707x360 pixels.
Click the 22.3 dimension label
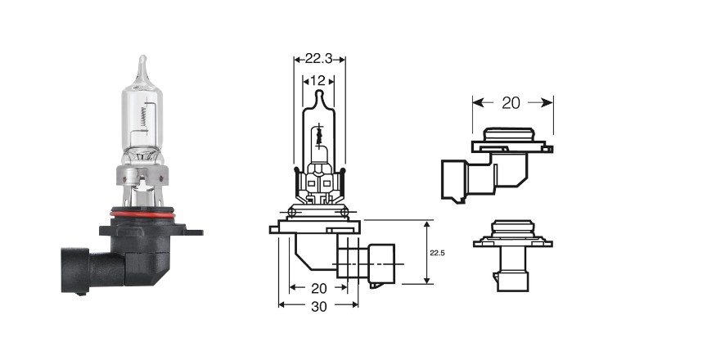tap(319, 59)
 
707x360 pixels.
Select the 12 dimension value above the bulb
tap(318, 81)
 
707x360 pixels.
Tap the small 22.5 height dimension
tap(437, 253)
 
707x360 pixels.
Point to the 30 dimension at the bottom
tap(319, 306)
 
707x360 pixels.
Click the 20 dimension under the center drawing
tap(319, 288)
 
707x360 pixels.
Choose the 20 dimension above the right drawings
tap(511, 103)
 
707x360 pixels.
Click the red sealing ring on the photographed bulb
tap(142, 213)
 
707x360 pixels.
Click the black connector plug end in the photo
tap(74, 270)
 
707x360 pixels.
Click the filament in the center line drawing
tap(319, 135)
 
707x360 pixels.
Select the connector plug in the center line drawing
tap(381, 266)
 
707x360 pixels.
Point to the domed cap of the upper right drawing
tap(508, 134)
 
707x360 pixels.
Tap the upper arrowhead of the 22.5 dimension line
tap(426, 224)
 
